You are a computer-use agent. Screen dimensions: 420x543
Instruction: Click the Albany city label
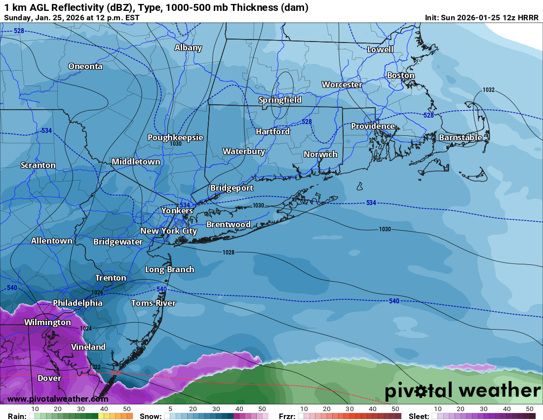click(188, 48)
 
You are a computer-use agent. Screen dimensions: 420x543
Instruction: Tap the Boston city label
click(400, 76)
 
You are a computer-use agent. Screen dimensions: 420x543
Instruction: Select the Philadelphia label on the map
click(78, 303)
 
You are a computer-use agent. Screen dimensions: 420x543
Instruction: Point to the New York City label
click(168, 231)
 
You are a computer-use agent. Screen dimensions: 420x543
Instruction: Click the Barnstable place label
click(460, 137)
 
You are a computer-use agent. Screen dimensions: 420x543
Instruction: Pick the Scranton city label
click(38, 165)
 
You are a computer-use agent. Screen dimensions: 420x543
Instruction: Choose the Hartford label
click(272, 131)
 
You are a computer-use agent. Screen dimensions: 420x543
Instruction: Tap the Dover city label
click(49, 378)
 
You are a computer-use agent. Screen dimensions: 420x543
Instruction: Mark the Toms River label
click(153, 303)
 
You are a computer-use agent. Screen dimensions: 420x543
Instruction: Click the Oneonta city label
click(85, 66)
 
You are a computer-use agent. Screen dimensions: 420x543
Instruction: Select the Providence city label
click(373, 126)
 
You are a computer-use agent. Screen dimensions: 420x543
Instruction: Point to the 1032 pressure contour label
click(489, 90)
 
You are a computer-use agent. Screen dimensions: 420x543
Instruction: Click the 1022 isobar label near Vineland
click(96, 367)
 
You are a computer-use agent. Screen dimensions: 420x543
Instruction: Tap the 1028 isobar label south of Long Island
click(228, 252)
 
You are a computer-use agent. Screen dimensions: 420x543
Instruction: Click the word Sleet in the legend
click(419, 416)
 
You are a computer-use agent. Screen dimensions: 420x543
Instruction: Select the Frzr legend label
click(287, 416)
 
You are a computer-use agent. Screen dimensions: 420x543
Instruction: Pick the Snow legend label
click(151, 416)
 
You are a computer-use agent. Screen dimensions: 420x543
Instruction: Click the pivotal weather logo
click(463, 391)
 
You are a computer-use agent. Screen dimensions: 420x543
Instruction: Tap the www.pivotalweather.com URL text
click(58, 399)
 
